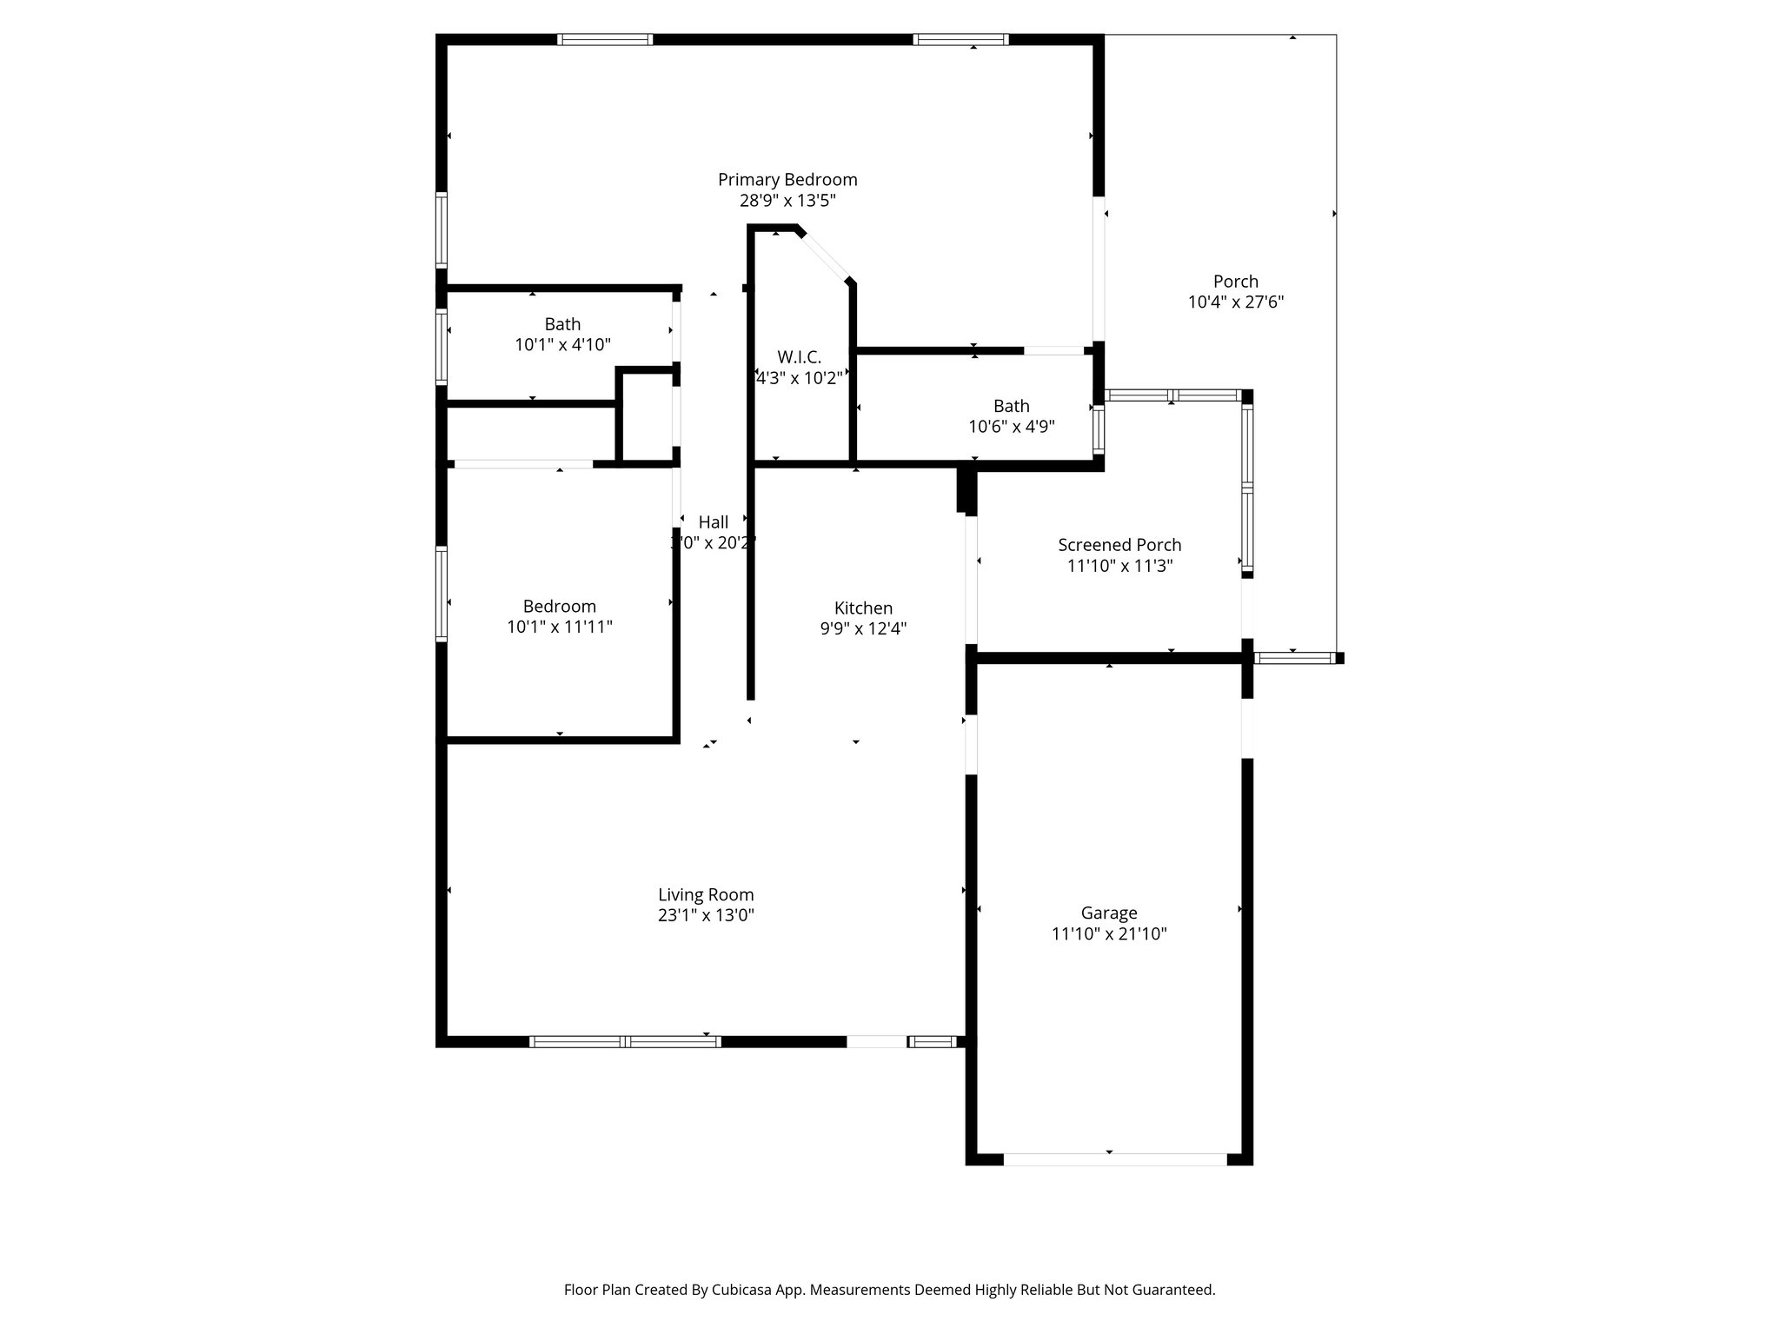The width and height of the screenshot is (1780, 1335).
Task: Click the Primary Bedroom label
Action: coord(787,180)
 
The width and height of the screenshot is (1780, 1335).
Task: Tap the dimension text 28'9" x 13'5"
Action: coord(787,201)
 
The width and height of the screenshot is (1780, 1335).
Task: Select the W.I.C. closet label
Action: coord(799,357)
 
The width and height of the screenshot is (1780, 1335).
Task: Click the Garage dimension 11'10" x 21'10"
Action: coord(1109,934)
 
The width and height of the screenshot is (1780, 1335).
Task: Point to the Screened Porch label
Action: coord(1119,545)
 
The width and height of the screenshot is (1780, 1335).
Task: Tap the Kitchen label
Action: coord(863,608)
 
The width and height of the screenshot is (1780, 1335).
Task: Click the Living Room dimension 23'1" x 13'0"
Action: coord(706,915)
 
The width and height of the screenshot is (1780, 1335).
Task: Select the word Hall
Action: coord(714,522)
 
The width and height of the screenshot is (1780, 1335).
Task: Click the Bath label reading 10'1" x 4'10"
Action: coord(562,345)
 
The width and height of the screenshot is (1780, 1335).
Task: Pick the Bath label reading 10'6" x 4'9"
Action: coord(1012,427)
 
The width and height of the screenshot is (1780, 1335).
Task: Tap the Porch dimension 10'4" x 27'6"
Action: coord(1236,302)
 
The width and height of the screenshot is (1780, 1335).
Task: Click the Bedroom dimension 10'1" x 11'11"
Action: coord(560,627)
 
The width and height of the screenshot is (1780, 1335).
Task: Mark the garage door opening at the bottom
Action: coord(1114,1159)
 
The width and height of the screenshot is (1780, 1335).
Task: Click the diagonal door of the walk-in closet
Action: coord(824,256)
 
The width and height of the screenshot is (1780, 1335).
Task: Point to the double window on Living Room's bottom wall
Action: coord(625,1041)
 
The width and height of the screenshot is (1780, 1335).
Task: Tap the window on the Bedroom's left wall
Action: coord(442,594)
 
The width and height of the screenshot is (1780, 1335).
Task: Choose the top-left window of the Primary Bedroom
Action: coord(604,39)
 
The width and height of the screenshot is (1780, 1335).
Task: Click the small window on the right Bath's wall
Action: coord(1099,428)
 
